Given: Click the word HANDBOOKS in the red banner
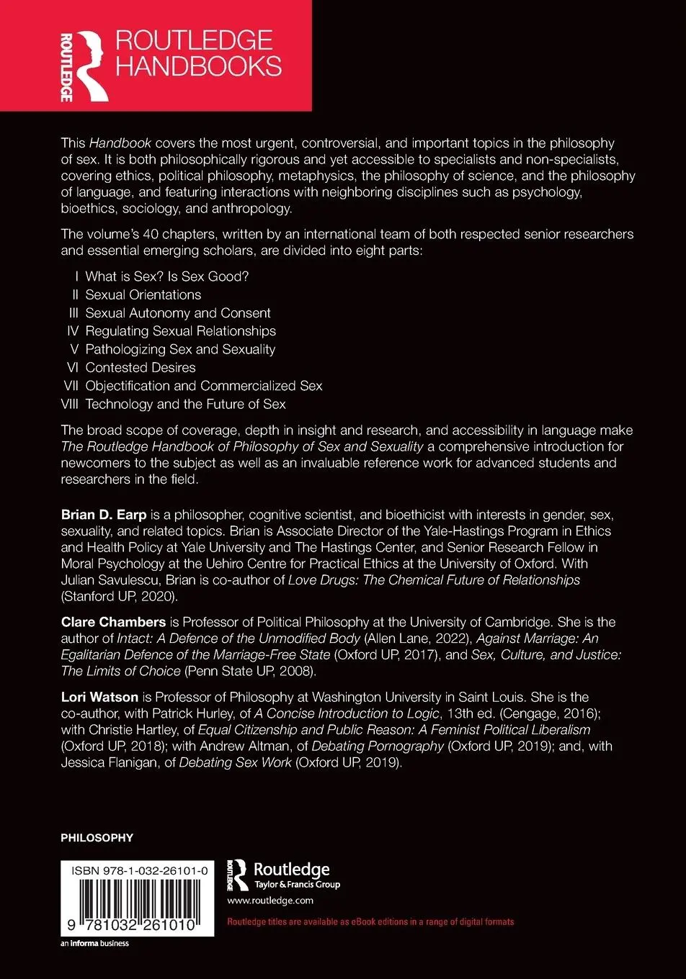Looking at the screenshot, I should (x=198, y=66).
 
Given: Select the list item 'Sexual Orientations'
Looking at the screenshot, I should (x=143, y=294).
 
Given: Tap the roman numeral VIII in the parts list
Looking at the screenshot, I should (x=70, y=404).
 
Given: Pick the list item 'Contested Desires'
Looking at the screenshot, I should (x=140, y=367).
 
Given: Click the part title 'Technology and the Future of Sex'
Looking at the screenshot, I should (x=185, y=404).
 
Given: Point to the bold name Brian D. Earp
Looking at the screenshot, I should (x=104, y=515).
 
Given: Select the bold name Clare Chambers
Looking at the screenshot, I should (x=112, y=621).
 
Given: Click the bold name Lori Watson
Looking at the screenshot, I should (x=99, y=696).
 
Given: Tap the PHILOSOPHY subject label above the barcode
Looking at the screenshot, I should (x=97, y=838).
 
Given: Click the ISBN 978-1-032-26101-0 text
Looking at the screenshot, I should (x=140, y=871).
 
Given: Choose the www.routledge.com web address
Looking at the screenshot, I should (x=270, y=900).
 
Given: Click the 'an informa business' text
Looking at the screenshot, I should (x=94, y=943).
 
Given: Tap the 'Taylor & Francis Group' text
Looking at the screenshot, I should (x=297, y=885).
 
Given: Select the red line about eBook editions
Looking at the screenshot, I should (x=370, y=921).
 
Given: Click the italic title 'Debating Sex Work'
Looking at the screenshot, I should (x=235, y=762).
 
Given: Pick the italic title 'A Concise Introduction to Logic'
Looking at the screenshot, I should (x=347, y=713).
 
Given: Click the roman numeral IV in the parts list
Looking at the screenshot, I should (x=72, y=330).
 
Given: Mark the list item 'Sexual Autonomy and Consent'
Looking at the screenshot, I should (x=178, y=312).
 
